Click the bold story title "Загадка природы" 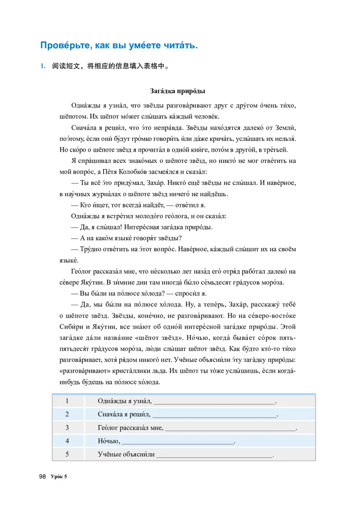tap(177, 92)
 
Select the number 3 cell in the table tap(67, 428)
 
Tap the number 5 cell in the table tap(67, 454)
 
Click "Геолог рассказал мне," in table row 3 tap(130, 428)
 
